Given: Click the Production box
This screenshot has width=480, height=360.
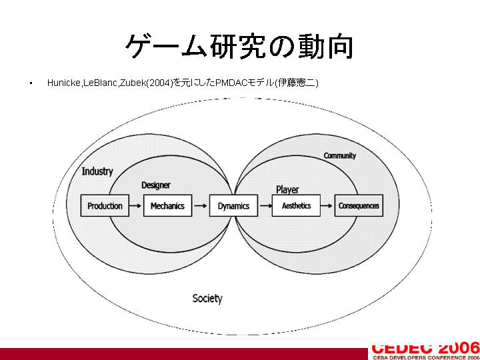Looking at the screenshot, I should coord(105,206).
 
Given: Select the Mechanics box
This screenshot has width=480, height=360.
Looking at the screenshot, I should coord(167,206).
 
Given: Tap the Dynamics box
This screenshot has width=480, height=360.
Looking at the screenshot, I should coord(233,206).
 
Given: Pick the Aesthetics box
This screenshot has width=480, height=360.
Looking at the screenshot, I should coord(296,206).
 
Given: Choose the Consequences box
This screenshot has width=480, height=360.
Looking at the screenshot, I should coord(359,206).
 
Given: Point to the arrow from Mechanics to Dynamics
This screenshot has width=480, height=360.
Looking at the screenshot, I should coord(200,206).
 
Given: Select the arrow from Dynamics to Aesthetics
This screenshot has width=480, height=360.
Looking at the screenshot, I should coord(264,206).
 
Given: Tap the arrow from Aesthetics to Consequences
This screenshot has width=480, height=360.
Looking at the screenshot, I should coord(327,206).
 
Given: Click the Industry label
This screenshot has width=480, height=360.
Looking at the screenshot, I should coord(97,171).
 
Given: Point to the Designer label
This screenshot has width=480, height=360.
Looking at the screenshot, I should coord(156,185).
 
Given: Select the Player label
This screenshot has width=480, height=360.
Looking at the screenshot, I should coord(287,190).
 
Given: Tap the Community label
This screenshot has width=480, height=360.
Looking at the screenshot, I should coord(340,155).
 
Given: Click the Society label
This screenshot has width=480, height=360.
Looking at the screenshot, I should coord(207,298).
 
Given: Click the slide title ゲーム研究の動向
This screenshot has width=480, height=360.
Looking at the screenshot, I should coord(239,47).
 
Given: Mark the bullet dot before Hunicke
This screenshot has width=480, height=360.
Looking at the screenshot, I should coord(30,83).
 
